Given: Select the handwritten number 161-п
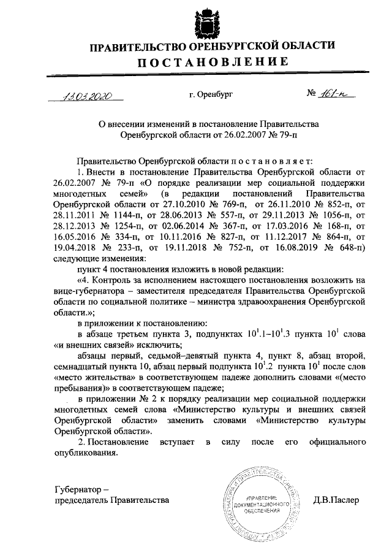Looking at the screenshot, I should click(329, 94).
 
